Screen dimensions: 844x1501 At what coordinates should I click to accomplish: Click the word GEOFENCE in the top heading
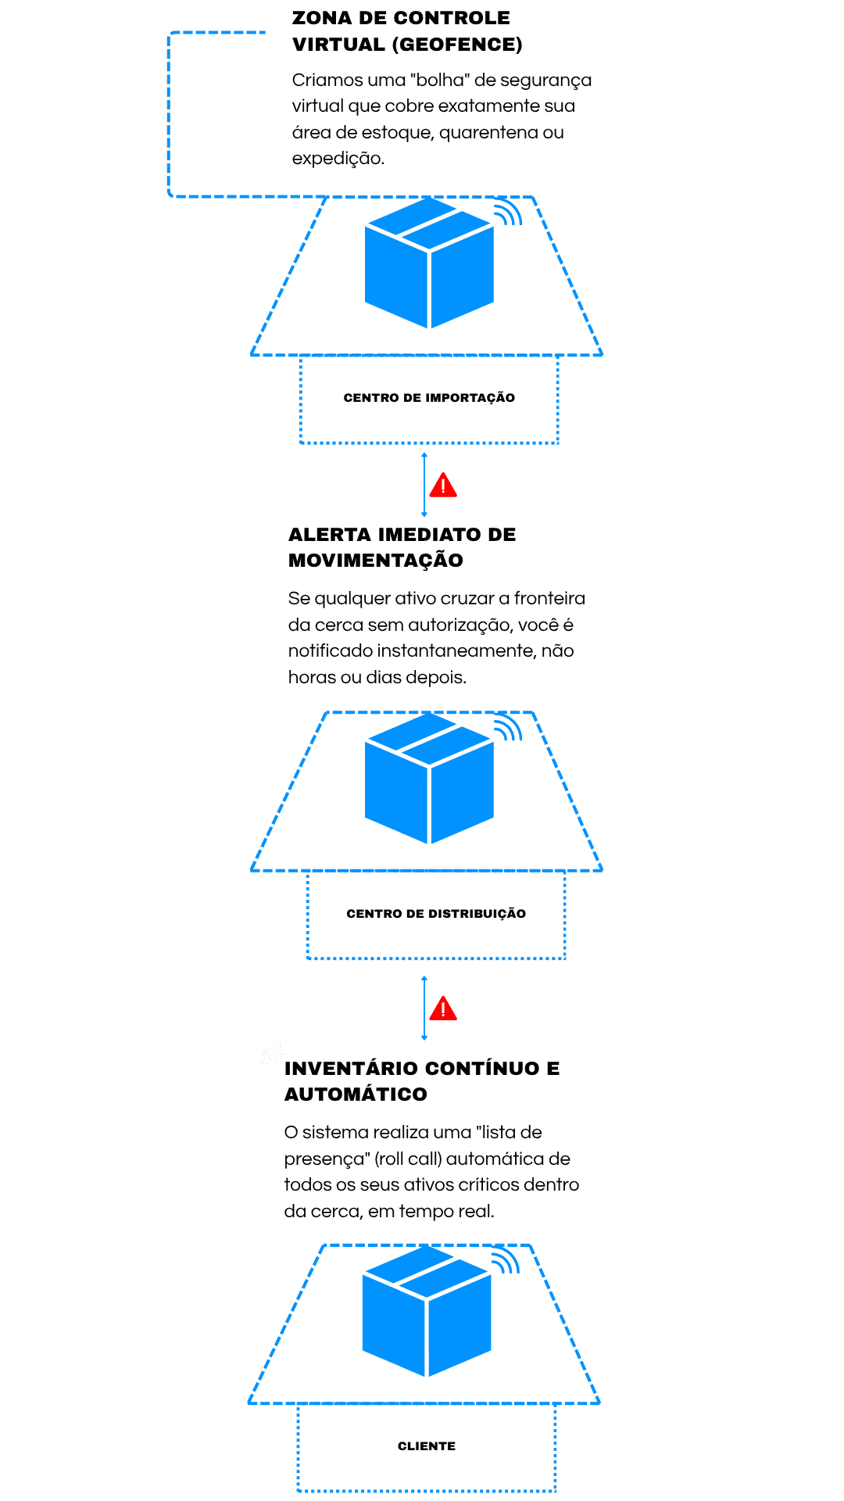pos(458,45)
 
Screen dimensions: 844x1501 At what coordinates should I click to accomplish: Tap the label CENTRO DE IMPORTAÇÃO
pos(429,398)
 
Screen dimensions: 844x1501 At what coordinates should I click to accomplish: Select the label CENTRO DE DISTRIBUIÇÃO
pos(436,913)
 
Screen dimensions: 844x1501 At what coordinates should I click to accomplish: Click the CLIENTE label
pos(427,1446)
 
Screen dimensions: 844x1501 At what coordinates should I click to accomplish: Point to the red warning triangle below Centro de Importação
pos(443,485)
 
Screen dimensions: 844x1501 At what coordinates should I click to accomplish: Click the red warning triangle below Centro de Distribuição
pos(443,1009)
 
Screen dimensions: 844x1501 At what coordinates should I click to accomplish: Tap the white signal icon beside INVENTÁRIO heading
pos(274,1054)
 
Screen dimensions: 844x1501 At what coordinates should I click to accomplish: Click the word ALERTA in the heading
pos(329,535)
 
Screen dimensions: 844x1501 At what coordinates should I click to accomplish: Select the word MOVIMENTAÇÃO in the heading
pos(376,561)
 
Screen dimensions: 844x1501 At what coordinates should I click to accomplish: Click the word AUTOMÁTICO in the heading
pos(356,1094)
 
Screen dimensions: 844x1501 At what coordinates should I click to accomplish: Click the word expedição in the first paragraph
pos(338,159)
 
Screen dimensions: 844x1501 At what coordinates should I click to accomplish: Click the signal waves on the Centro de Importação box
pos(508,213)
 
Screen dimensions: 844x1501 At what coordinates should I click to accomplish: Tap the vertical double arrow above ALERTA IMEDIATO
pos(424,485)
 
